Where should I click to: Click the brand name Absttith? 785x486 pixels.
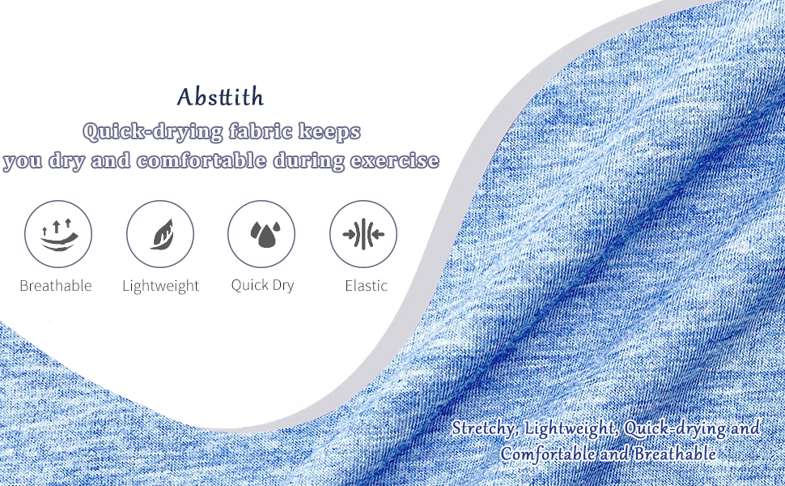click(220, 97)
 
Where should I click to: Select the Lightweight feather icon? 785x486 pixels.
click(160, 235)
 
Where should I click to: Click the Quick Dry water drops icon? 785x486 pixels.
click(261, 235)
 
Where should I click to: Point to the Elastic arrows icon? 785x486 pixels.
click(363, 235)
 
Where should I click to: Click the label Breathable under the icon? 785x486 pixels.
click(56, 286)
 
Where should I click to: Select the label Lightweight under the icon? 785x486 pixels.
click(160, 286)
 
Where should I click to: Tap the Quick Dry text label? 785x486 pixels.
click(262, 285)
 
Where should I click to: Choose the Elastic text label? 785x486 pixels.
click(366, 286)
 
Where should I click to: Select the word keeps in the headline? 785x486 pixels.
click(329, 131)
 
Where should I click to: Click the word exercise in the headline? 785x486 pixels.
click(395, 160)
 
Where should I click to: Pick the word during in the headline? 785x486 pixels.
click(310, 160)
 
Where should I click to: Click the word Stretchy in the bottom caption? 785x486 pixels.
click(484, 428)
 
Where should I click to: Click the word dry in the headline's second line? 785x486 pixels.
click(66, 160)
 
